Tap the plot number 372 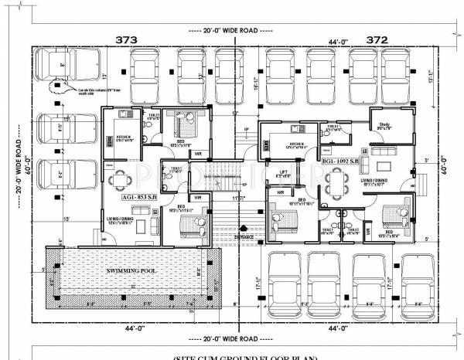pyautogui.click(x=377, y=39)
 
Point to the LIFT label pyautogui.click(x=283, y=175)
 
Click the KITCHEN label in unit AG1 pyautogui.click(x=125, y=138)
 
